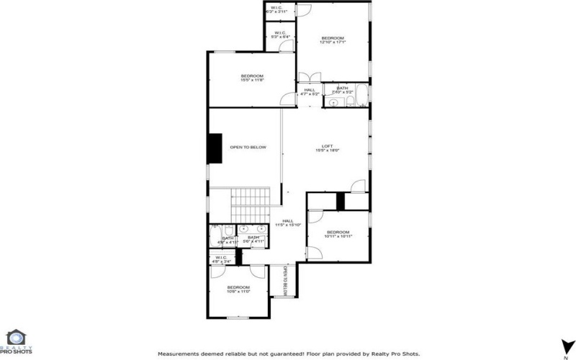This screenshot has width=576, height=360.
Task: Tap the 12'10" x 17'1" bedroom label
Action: click(x=333, y=40)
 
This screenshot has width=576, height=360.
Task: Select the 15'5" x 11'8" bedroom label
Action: click(x=252, y=78)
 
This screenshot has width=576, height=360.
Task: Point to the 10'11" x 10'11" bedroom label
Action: click(x=337, y=233)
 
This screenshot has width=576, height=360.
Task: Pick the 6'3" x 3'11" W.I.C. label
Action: click(x=278, y=10)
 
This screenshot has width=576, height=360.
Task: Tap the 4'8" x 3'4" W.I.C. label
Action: click(x=222, y=259)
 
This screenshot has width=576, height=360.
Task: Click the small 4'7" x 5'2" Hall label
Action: click(x=310, y=91)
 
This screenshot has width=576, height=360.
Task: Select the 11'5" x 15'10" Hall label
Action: click(x=288, y=222)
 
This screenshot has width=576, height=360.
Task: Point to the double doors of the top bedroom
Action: click(x=308, y=77)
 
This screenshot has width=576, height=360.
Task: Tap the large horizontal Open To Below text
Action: click(x=248, y=148)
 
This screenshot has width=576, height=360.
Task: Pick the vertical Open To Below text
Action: click(x=284, y=281)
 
